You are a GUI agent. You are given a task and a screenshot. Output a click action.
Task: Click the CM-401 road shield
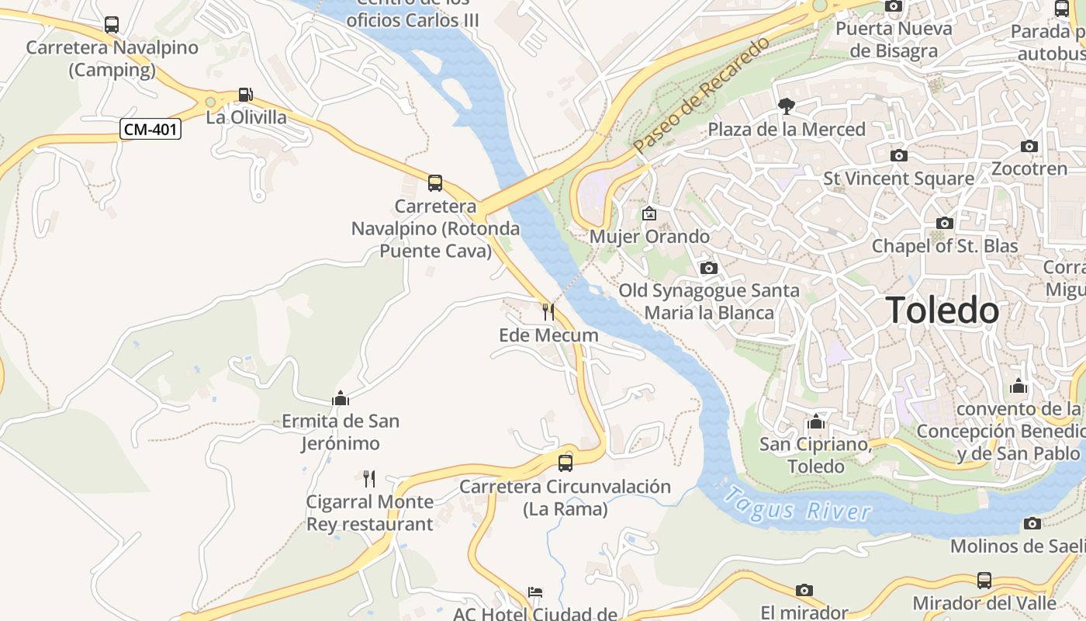pyautogui.click(x=150, y=129)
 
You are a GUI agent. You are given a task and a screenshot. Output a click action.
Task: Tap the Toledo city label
pyautogui.click(x=942, y=310)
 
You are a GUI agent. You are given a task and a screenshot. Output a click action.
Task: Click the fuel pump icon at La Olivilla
pyautogui.click(x=245, y=95)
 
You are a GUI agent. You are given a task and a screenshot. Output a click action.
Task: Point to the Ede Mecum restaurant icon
pyautogui.click(x=548, y=312)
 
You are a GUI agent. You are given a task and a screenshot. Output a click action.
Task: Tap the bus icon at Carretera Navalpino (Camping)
pyautogui.click(x=112, y=25)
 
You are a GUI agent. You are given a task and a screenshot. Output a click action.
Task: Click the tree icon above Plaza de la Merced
pyautogui.click(x=787, y=106)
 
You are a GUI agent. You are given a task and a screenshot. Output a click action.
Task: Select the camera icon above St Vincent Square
pyautogui.click(x=898, y=155)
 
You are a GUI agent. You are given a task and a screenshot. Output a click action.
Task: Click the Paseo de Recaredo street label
pyautogui.click(x=700, y=94)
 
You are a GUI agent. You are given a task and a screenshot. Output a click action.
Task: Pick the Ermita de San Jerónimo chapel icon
pyautogui.click(x=340, y=398)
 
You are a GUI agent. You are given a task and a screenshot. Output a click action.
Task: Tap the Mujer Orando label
pyautogui.click(x=649, y=236)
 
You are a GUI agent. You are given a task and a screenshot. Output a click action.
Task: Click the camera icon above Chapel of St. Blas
pyautogui.click(x=944, y=224)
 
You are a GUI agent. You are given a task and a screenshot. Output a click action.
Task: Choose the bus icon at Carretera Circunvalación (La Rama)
pyautogui.click(x=565, y=463)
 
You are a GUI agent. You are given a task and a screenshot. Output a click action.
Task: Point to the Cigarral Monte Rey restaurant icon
pyautogui.click(x=369, y=478)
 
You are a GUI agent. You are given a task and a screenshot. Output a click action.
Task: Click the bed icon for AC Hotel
pyautogui.click(x=535, y=592)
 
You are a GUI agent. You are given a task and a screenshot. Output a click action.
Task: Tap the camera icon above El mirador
pyautogui.click(x=804, y=590)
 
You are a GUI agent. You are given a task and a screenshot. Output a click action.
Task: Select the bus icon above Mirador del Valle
pyautogui.click(x=984, y=580)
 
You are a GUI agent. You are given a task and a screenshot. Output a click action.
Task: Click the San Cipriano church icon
pyautogui.click(x=815, y=422)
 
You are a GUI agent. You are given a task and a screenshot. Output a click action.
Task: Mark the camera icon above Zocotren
pyautogui.click(x=1029, y=146)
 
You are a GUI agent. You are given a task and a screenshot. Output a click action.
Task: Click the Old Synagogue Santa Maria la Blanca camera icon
pyautogui.click(x=708, y=268)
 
